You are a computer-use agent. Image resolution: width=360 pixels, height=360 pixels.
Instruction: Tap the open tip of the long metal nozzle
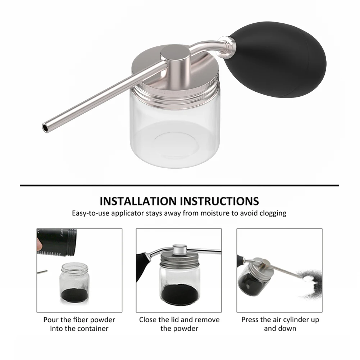coord(45,127)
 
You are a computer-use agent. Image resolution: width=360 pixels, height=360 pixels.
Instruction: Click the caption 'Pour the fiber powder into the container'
coord(79,324)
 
